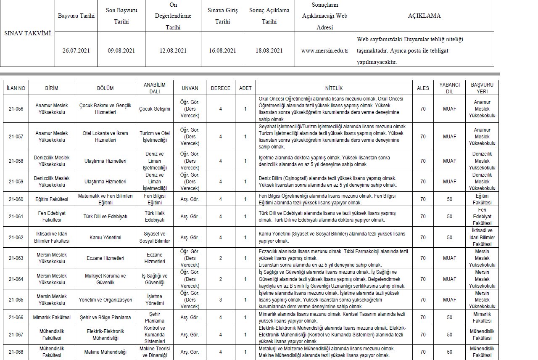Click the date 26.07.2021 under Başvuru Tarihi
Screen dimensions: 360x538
pos(76,50)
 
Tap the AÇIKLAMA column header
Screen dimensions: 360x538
pos(424,16)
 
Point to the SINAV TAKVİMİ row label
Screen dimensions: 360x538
pos(27,33)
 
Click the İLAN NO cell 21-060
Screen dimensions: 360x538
pos(16,199)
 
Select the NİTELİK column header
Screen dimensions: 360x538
pos(334,88)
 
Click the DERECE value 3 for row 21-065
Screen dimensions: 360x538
pos(221,300)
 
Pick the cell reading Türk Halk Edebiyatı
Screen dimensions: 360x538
pos(155,216)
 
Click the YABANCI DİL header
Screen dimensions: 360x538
pos(449,88)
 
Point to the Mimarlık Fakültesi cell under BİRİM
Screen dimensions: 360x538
pos(52,317)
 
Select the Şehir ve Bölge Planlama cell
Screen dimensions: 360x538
pos(105,317)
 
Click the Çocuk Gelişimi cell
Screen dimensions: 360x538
pos(155,109)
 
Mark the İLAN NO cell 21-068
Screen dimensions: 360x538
pos(16,352)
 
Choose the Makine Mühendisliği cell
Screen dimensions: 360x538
pos(105,352)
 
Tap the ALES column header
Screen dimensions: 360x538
pos(423,88)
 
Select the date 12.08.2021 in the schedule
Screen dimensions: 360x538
pos(173,50)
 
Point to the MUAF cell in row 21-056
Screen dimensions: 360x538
pos(449,109)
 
